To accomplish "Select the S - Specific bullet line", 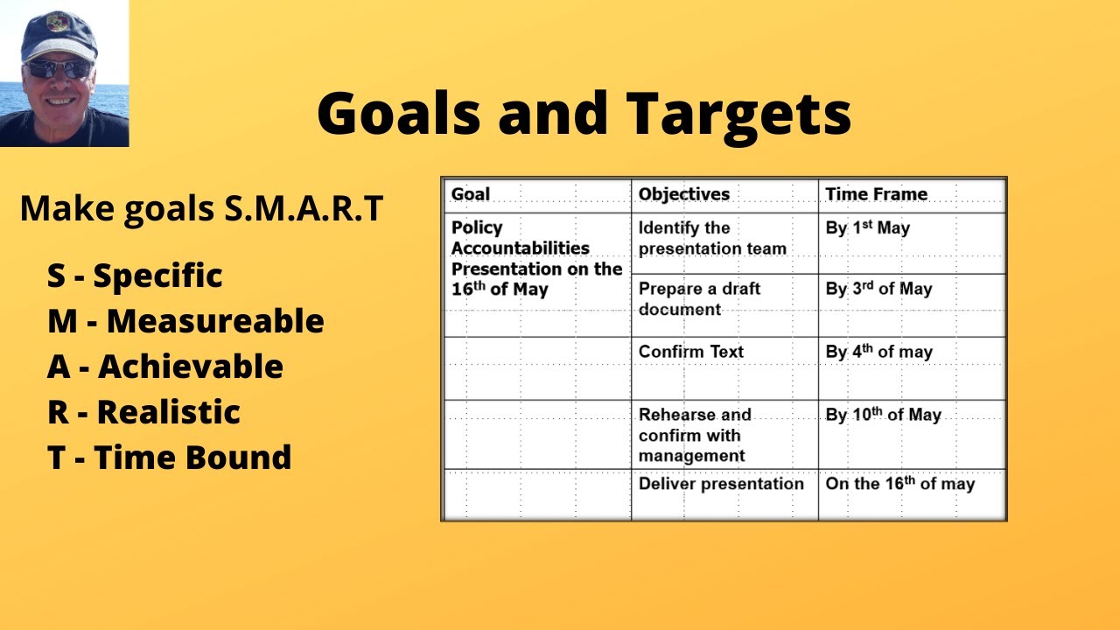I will click(x=135, y=276).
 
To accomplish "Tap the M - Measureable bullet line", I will click(x=185, y=321).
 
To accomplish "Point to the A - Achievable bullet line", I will click(x=165, y=367).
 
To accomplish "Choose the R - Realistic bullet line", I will click(x=143, y=412).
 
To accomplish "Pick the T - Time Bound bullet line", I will click(x=169, y=458).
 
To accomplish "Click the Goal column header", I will click(x=471, y=194).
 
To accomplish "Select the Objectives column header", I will click(x=683, y=194).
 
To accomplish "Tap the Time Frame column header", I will click(x=876, y=194).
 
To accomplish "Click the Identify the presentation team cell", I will click(x=711, y=238).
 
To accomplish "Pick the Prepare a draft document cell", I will click(x=699, y=298).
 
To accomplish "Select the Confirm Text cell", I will click(x=690, y=352).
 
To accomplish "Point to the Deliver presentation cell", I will click(x=720, y=484).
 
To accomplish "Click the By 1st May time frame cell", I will click(x=867, y=228).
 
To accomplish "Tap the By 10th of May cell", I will click(x=883, y=415).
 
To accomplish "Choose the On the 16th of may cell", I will click(x=899, y=484).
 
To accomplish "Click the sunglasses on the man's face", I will click(x=59, y=69).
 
